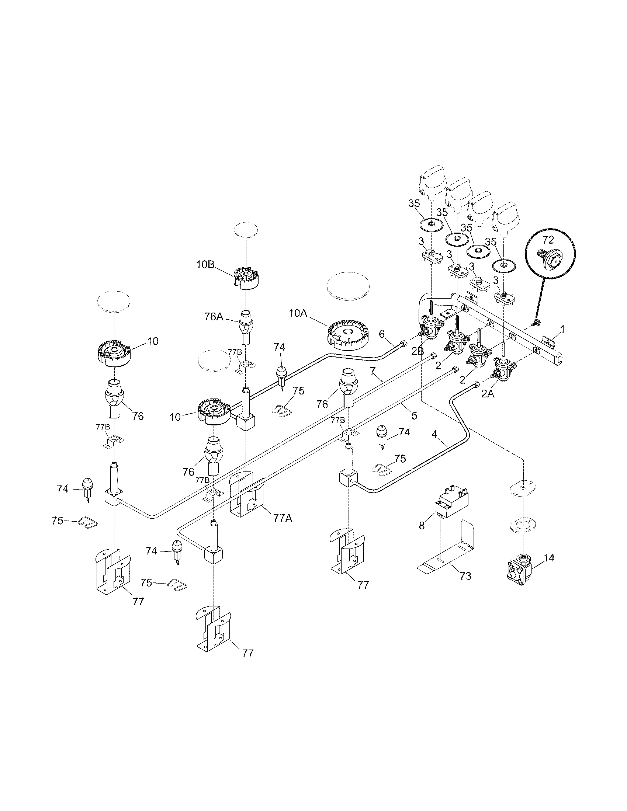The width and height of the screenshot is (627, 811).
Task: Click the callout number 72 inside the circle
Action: click(550, 239)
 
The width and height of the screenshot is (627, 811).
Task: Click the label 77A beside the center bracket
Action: click(283, 519)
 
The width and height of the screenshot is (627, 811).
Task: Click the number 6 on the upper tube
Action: click(381, 334)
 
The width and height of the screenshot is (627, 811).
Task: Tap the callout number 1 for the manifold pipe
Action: click(562, 328)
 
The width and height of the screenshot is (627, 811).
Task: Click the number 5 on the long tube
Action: click(415, 415)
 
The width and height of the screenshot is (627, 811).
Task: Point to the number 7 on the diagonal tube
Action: click(374, 370)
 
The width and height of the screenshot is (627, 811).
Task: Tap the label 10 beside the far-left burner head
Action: click(153, 341)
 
